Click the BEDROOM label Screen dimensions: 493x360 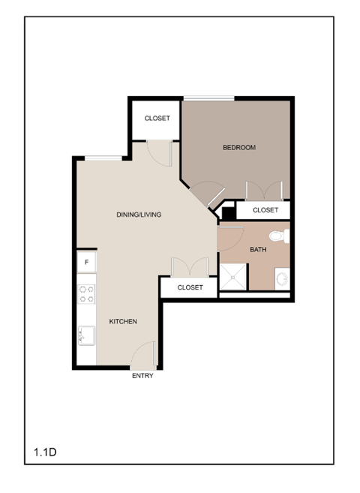pos(239,147)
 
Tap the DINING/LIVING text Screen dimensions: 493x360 pos(139,215)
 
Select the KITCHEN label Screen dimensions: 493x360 pos(123,321)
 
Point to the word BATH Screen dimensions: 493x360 pos(258,249)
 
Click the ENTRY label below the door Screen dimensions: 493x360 pos(142,376)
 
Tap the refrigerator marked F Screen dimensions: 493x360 pos(87,262)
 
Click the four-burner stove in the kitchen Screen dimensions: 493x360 pos(87,293)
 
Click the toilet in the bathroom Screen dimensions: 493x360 pos(279,236)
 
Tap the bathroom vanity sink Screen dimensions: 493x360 pos(283,280)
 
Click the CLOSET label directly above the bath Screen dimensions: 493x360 pos(265,210)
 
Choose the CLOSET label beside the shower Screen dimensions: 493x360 pos(190,287)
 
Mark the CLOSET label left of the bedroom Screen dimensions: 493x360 pos(157,118)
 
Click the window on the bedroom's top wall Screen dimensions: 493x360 pos(209,98)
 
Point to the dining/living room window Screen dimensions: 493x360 pos(103,158)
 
